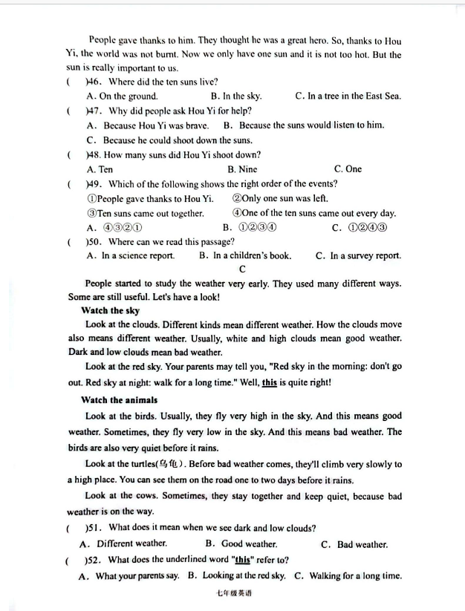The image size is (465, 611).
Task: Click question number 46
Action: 94,82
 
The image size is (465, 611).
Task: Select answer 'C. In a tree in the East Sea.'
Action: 348,96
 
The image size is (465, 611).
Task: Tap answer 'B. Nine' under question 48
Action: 242,169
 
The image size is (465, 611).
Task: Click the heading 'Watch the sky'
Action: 111,310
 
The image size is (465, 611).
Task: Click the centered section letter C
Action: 242,269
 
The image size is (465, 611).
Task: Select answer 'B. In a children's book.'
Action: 245,255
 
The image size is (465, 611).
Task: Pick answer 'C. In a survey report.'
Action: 358,255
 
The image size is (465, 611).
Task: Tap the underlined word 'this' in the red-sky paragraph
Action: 270,383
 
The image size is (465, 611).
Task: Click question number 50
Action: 94,241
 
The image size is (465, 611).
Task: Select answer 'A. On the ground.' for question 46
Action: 122,96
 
